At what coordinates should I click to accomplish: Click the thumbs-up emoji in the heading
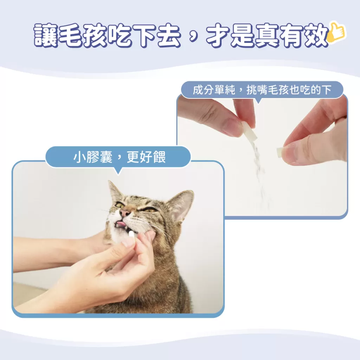pyautogui.click(x=337, y=34)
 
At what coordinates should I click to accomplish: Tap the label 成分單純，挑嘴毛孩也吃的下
pyautogui.click(x=262, y=90)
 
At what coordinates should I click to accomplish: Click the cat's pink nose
pyautogui.click(x=125, y=213)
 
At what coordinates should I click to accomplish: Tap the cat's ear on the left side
pyautogui.click(x=114, y=192)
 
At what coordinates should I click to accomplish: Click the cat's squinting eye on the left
pyautogui.click(x=120, y=205)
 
